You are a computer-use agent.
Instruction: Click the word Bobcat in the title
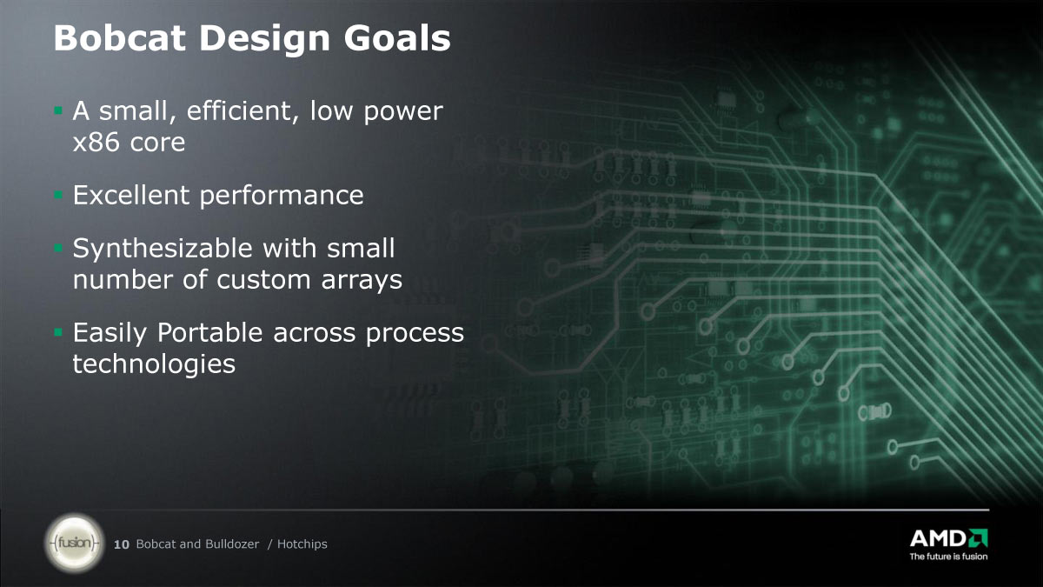[x=120, y=37]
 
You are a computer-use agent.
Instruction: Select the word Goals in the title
[x=397, y=37]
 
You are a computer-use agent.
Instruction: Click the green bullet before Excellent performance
[x=58, y=194]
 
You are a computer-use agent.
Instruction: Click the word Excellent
[x=131, y=195]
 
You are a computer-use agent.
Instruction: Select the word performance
[x=282, y=197]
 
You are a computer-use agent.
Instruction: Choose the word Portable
[x=210, y=332]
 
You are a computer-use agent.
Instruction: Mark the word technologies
[x=154, y=364]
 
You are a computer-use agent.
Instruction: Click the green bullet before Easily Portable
[x=58, y=332]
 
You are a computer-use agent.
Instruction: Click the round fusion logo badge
[x=75, y=543]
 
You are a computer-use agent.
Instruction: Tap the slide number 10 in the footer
[x=122, y=544]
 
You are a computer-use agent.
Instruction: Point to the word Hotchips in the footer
[x=302, y=544]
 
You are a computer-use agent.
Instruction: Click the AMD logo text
[x=938, y=538]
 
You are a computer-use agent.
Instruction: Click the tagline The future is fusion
[x=948, y=557]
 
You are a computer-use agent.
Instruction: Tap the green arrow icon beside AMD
[x=978, y=537]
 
